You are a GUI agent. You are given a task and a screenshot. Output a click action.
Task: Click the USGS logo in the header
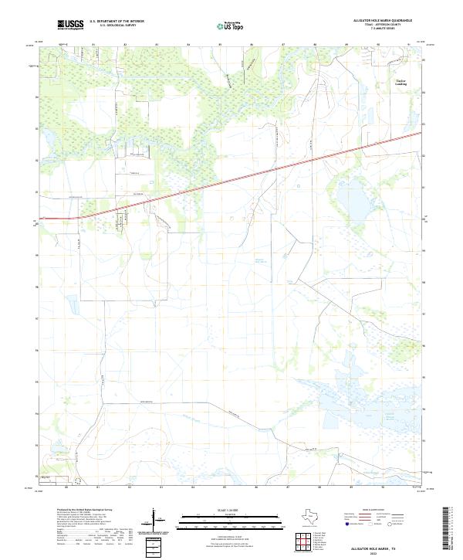[x=70, y=25]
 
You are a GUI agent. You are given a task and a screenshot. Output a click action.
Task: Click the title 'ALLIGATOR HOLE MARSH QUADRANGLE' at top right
[x=378, y=21]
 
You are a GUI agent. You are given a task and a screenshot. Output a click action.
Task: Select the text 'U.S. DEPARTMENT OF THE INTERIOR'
[x=117, y=22]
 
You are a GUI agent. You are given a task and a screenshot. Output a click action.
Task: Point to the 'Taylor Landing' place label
[x=400, y=81]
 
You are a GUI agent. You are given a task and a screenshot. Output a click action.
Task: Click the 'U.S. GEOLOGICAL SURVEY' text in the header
[x=117, y=25]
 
